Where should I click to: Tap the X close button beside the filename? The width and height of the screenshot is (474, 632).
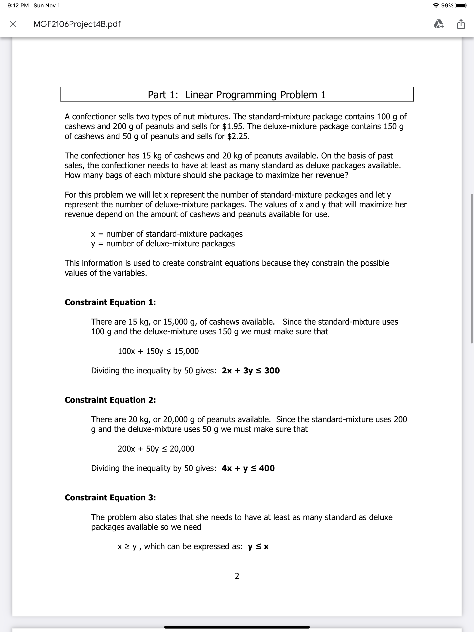click(x=12, y=24)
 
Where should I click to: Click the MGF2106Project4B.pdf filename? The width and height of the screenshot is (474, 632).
click(x=77, y=24)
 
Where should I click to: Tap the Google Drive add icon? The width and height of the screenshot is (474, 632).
click(x=439, y=24)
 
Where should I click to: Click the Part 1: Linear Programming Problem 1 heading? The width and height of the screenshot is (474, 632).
click(x=237, y=95)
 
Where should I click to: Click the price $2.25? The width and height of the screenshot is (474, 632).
click(x=238, y=136)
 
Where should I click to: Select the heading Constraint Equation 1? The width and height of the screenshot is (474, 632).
click(x=110, y=302)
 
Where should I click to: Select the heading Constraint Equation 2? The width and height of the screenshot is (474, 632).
click(x=110, y=400)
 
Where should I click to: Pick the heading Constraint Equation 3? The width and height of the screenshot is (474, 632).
click(x=110, y=497)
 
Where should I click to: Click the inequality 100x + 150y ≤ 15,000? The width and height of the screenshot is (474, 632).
click(x=158, y=351)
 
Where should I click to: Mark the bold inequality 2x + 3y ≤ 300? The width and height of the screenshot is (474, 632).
click(x=251, y=371)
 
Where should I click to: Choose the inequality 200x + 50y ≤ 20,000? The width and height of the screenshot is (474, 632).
click(x=156, y=449)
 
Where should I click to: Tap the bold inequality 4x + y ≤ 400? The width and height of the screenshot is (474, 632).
click(x=248, y=468)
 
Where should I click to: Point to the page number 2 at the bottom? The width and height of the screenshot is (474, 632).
click(x=237, y=576)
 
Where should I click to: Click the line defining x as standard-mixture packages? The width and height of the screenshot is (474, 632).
click(x=167, y=234)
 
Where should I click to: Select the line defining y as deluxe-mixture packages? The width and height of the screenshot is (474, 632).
click(x=163, y=243)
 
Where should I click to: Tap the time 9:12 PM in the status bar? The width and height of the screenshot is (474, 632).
click(x=18, y=5)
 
